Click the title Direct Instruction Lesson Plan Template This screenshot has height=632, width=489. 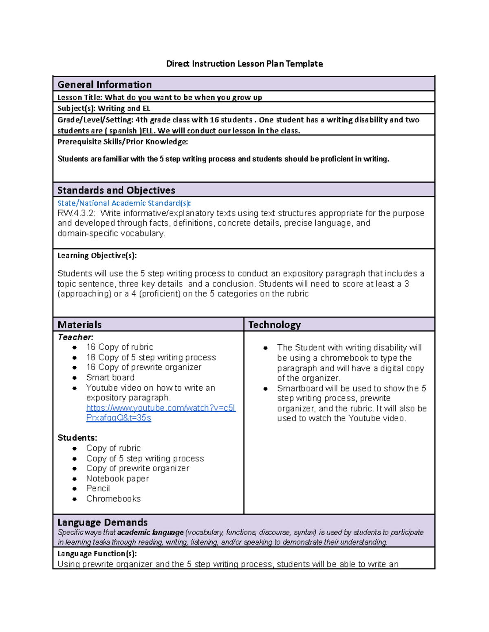coord(244,64)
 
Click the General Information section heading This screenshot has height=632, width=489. coord(104,85)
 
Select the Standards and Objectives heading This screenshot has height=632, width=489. coord(116,190)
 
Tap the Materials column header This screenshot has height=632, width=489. coord(79,325)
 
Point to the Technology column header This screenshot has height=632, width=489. coord(274,325)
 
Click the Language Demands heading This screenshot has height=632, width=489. coord(102,522)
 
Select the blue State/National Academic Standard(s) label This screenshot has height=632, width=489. coord(124,203)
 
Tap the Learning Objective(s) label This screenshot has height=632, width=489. coord(97,256)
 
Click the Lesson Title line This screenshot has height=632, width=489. coord(159,97)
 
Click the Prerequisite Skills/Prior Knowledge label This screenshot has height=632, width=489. coord(122,142)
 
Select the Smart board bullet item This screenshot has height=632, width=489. coord(110,378)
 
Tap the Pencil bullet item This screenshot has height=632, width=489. coord(98,488)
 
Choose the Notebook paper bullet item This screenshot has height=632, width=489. coord(117,479)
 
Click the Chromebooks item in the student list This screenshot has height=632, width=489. coord(113,499)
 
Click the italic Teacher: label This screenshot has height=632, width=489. coord(75,337)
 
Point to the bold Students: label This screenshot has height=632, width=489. coord(77,438)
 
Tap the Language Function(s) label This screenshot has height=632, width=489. coord(97,554)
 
